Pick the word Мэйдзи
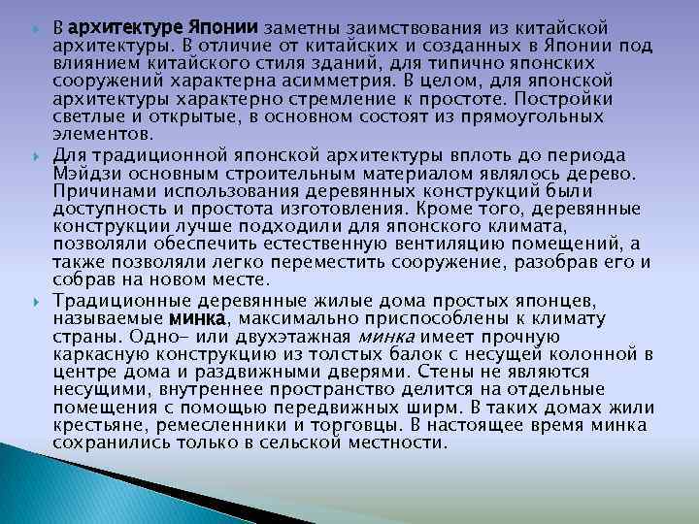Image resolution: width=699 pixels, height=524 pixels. point(85,174)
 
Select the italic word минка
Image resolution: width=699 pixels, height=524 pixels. point(386,337)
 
